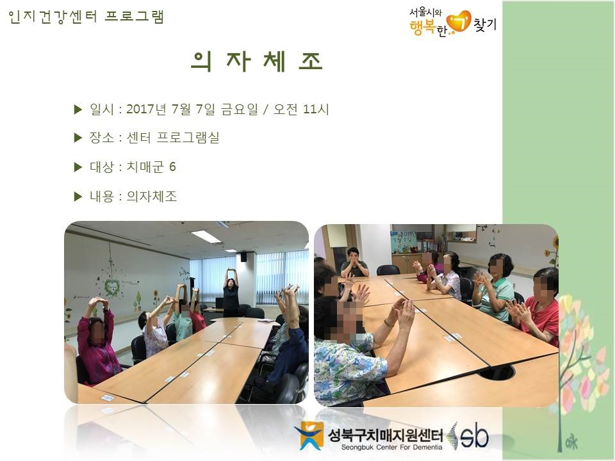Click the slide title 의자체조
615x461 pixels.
click(x=257, y=61)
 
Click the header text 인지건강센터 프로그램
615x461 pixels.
click(x=86, y=17)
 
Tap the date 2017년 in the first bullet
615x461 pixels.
click(x=146, y=109)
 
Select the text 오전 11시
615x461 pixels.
click(x=301, y=109)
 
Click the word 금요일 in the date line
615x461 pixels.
click(x=239, y=109)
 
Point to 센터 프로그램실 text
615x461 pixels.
click(x=172, y=138)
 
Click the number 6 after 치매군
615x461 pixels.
click(x=172, y=166)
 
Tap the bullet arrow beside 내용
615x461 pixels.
click(x=78, y=197)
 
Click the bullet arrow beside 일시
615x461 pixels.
click(x=78, y=109)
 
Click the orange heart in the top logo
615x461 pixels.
click(x=459, y=20)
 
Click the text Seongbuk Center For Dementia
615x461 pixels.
click(x=391, y=448)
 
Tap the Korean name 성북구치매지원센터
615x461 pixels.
click(x=385, y=434)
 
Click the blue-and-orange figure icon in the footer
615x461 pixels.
click(x=310, y=435)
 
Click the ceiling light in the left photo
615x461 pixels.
click(x=205, y=236)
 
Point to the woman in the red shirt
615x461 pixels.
click(x=538, y=308)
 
